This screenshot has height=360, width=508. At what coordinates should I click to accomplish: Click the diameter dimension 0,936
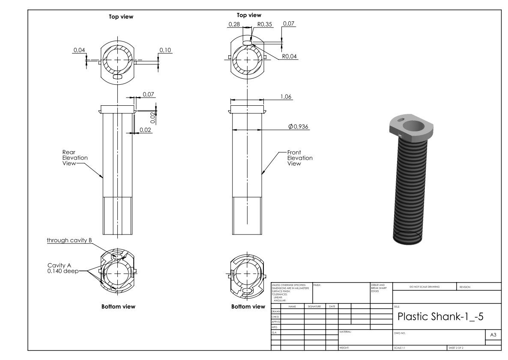[x=299, y=126]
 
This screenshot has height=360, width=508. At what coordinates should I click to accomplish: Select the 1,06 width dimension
[x=286, y=97]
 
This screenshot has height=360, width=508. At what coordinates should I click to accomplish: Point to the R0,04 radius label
[x=290, y=56]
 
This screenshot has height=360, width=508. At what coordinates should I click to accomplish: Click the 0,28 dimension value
[x=234, y=24]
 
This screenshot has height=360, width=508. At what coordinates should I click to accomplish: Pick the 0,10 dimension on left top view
[x=165, y=51]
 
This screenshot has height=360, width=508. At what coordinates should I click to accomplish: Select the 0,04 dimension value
[x=79, y=51]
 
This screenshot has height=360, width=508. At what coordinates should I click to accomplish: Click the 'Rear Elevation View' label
[x=75, y=158]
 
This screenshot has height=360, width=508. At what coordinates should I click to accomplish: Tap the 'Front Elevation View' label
[x=299, y=158]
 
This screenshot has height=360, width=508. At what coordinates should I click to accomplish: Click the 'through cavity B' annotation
[x=69, y=241]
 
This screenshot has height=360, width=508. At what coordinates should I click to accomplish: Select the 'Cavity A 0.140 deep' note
[x=62, y=268]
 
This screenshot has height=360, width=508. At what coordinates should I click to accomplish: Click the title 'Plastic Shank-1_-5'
[x=441, y=317]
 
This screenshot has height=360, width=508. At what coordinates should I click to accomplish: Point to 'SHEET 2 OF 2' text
[x=456, y=348]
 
